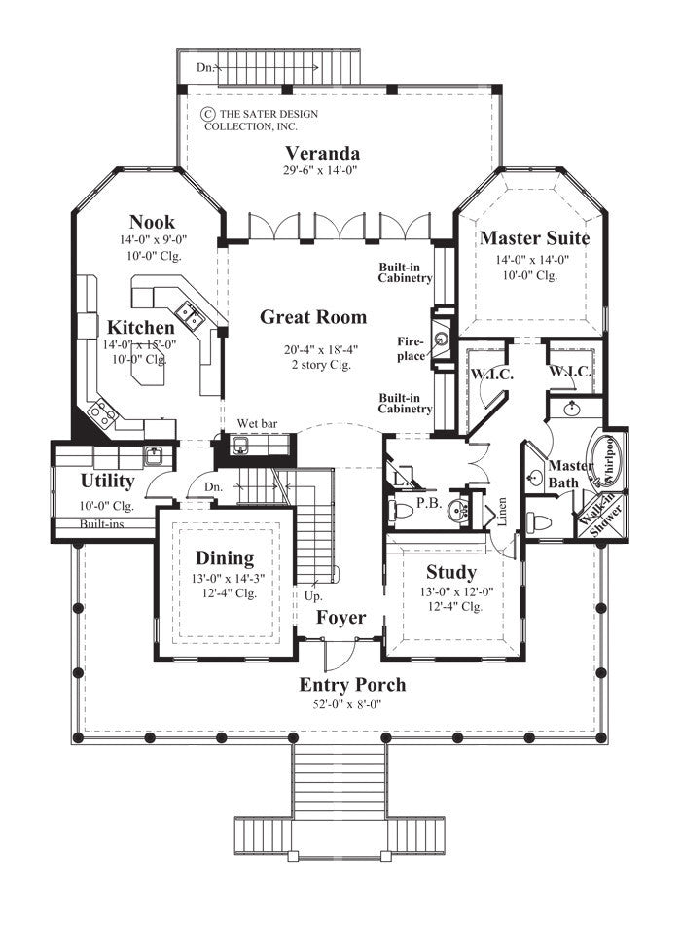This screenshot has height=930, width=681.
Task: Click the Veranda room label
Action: (323, 153)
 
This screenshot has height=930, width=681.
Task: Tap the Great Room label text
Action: (313, 316)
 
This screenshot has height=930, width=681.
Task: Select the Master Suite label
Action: (534, 236)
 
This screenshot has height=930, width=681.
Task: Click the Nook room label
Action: (152, 222)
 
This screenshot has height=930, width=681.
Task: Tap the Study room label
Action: (450, 571)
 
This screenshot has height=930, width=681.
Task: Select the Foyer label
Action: (340, 618)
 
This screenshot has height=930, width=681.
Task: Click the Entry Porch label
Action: (352, 684)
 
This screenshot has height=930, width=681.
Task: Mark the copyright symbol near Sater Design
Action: (207, 114)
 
